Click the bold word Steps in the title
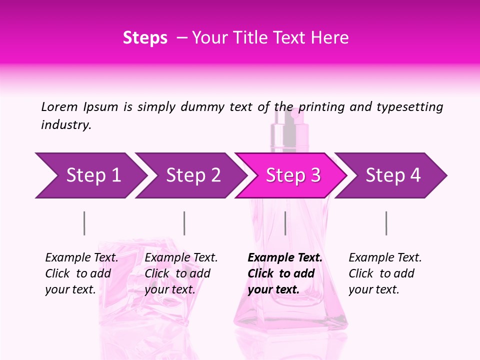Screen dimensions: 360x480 (145, 38)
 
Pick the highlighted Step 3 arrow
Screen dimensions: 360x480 (293, 175)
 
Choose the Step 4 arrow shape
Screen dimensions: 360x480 (393, 175)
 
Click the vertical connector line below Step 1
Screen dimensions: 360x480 (84, 223)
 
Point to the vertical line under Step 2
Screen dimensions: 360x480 (184, 223)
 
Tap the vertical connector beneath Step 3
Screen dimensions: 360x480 (285, 223)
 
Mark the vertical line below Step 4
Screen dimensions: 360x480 (386, 223)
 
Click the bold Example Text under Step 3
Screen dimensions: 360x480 (285, 273)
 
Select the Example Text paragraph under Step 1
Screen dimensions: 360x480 (81, 273)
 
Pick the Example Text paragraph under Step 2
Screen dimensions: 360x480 (181, 273)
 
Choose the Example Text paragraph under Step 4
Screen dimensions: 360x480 (385, 273)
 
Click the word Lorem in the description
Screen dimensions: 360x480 (59, 107)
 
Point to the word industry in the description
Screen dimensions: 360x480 (66, 125)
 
